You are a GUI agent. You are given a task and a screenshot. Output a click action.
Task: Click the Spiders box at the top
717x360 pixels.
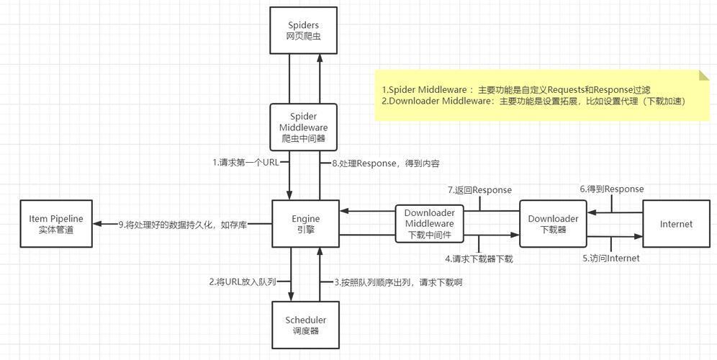click(304, 30)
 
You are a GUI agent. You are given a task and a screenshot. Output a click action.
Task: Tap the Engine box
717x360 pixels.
click(306, 224)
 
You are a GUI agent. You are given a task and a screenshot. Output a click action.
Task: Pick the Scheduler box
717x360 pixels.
click(306, 325)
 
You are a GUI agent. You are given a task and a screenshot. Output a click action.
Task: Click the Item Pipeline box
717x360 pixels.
click(56, 224)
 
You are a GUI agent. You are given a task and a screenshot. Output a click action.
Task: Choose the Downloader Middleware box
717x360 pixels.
click(429, 224)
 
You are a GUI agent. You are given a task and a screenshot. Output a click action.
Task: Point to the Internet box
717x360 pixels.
click(676, 224)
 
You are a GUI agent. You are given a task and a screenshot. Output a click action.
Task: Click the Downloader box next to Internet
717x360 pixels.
click(554, 224)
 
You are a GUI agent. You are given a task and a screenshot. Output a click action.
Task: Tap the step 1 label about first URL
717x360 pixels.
click(245, 162)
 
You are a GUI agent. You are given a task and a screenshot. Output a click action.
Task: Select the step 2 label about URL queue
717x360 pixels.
click(243, 282)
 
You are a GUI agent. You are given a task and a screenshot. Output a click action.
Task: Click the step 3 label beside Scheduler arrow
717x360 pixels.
click(398, 282)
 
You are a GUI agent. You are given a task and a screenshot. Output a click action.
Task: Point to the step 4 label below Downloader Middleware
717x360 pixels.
click(479, 259)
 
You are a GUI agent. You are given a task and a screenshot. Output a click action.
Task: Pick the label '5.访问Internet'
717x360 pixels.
click(611, 258)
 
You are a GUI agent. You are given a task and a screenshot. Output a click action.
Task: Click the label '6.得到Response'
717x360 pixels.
click(612, 189)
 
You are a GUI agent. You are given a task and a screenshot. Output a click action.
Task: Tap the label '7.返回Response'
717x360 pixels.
click(479, 190)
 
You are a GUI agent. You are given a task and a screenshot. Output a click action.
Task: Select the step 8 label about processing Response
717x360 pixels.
click(385, 163)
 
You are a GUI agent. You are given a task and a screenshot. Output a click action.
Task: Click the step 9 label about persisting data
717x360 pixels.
click(182, 224)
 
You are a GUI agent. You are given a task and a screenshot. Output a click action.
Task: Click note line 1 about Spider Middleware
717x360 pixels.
click(516, 90)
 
